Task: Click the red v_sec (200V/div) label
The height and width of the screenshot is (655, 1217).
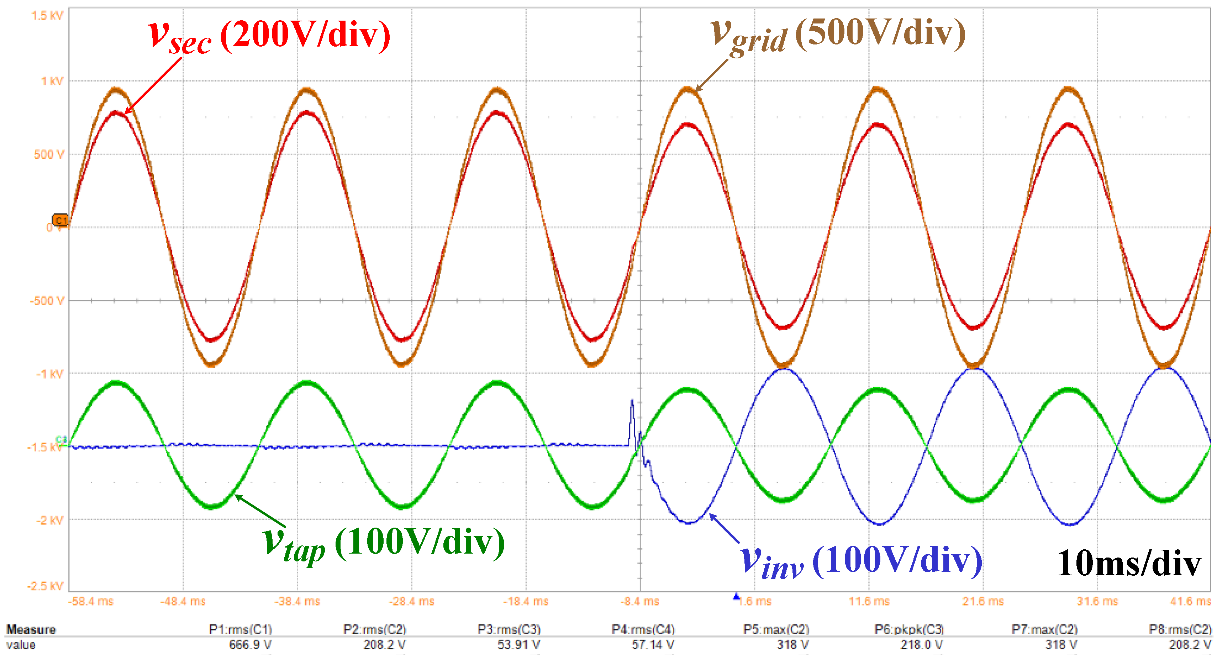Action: click(x=269, y=37)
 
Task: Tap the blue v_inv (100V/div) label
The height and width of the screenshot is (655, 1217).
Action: click(x=861, y=561)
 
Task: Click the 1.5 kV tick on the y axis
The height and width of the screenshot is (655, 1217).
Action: click(x=47, y=16)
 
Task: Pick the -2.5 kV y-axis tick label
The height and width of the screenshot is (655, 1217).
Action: click(x=45, y=586)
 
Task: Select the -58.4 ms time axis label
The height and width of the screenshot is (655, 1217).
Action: click(x=91, y=601)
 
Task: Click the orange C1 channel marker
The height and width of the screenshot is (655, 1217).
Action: click(x=60, y=220)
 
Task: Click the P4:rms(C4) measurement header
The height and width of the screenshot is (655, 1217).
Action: click(x=643, y=629)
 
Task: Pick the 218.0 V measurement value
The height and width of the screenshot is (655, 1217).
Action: click(x=921, y=645)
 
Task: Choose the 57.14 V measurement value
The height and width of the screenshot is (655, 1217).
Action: click(x=653, y=645)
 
